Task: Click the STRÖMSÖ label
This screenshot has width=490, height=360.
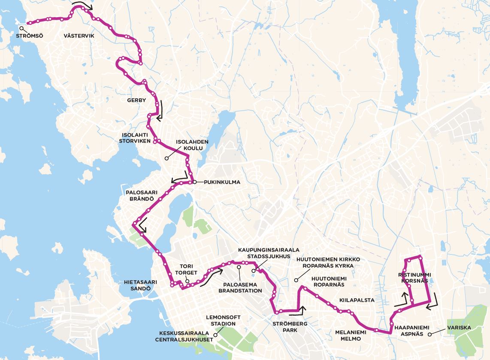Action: tap(30, 36)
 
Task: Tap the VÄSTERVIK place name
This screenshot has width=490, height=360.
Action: tap(79, 36)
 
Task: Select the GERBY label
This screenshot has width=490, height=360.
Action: tap(136, 100)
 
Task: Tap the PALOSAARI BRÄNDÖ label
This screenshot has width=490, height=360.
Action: tap(140, 196)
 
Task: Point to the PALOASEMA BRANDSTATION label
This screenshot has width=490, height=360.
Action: tap(240, 287)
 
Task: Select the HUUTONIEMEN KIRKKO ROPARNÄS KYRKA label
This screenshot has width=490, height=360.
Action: tap(328, 263)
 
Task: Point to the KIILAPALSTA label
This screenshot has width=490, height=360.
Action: tap(357, 300)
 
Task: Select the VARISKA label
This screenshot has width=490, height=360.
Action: tap(459, 328)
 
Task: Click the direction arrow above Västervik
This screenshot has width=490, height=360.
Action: tap(82, 6)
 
